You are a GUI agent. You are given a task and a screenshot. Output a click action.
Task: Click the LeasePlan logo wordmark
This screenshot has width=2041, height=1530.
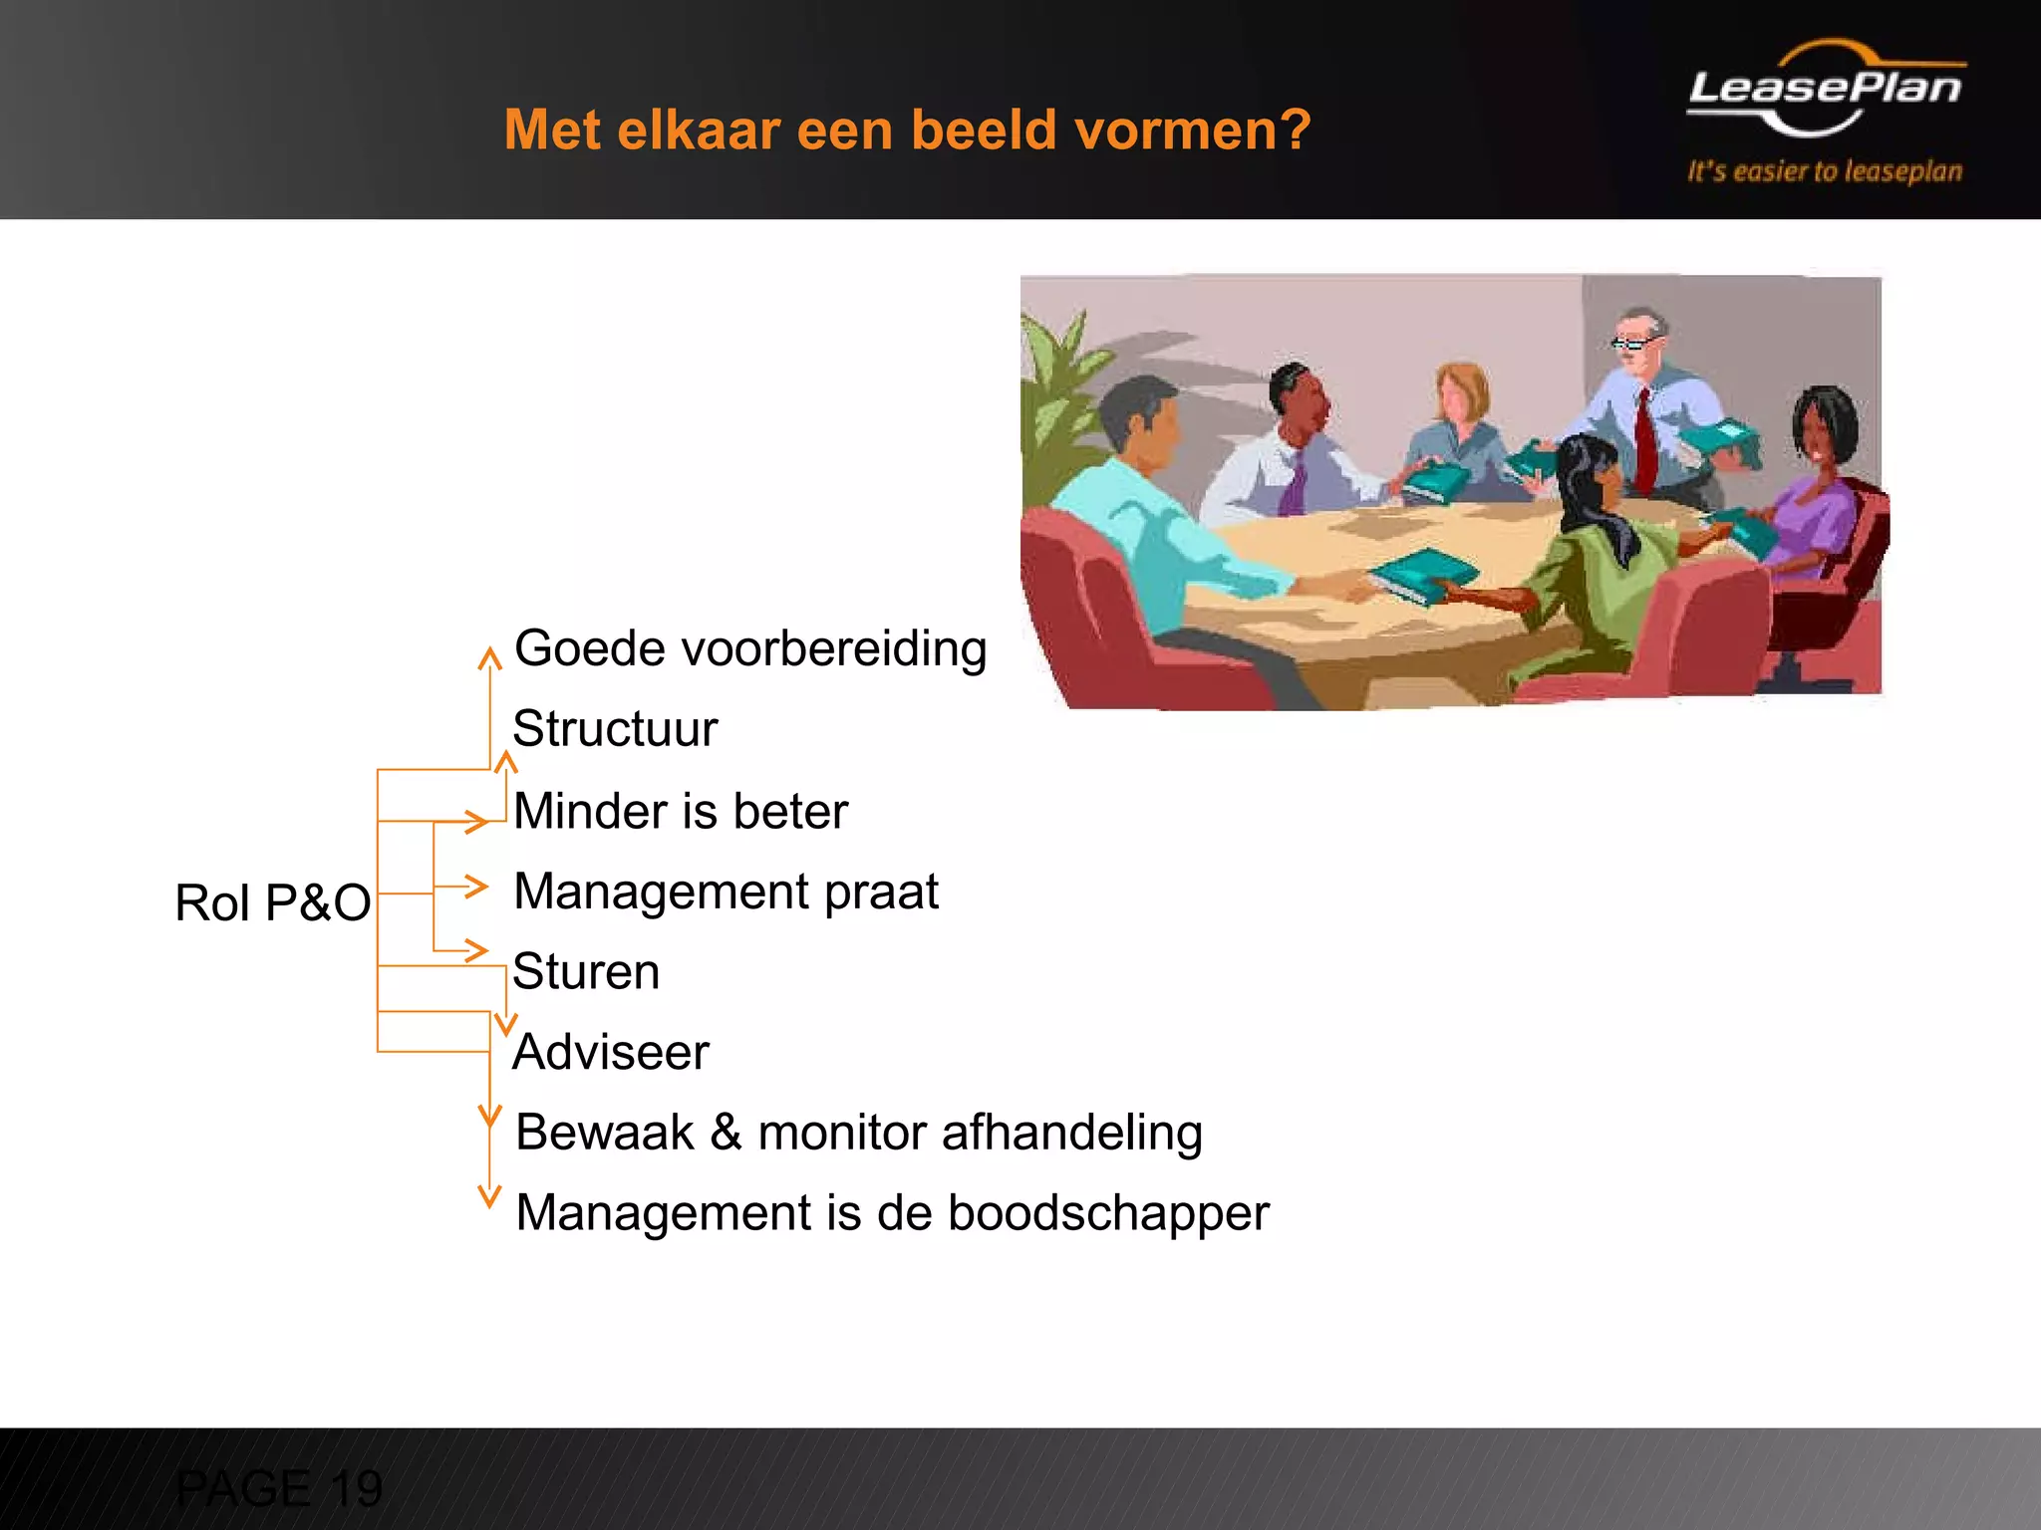pyautogui.click(x=1825, y=88)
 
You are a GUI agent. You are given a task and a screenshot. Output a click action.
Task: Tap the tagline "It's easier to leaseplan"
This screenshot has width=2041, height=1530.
pyautogui.click(x=1825, y=171)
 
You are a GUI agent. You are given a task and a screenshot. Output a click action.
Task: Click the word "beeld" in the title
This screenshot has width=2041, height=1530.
pyautogui.click(x=983, y=129)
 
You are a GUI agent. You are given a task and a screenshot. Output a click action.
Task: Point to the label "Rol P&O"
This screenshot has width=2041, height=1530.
pyautogui.click(x=272, y=902)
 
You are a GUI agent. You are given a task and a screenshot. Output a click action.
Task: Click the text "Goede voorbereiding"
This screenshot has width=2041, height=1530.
pyautogui.click(x=750, y=648)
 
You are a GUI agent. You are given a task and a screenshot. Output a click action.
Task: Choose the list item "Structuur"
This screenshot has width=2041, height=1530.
pyautogui.click(x=615, y=728)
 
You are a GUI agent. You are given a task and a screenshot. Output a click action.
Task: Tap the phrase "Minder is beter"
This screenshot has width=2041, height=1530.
pyautogui.click(x=681, y=811)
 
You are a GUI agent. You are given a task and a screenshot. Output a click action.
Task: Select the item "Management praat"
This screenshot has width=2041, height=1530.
pyautogui.click(x=726, y=892)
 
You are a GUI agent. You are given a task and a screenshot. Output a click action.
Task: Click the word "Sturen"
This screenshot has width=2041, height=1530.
pyautogui.click(x=586, y=971)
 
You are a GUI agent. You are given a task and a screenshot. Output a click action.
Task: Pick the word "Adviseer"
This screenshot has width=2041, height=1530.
pyautogui.click(x=611, y=1052)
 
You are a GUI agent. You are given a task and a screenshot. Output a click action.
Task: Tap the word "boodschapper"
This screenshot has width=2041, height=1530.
pyautogui.click(x=1108, y=1213)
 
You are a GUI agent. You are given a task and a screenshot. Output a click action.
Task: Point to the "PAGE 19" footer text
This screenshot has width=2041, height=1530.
pyautogui.click(x=279, y=1488)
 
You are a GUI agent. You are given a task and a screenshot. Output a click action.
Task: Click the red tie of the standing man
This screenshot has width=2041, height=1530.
pyautogui.click(x=1645, y=438)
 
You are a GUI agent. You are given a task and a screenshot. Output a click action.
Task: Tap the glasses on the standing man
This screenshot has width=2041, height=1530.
pyautogui.click(x=1633, y=345)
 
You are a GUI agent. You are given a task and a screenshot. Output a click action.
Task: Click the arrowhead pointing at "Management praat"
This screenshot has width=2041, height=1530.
pyautogui.click(x=476, y=886)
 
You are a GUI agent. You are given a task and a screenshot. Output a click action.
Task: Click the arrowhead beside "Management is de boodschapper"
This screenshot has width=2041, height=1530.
pyautogui.click(x=489, y=1196)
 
